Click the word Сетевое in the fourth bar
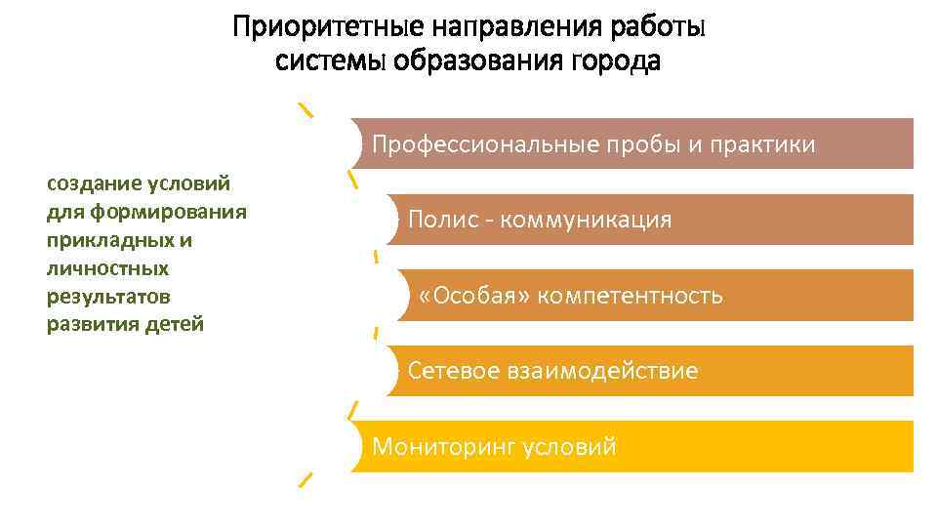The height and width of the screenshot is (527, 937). tap(454, 371)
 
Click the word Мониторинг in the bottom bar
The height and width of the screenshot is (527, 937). tap(444, 447)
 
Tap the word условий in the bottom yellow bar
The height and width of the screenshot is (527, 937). tap(570, 447)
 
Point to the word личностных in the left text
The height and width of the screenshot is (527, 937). tap(107, 267)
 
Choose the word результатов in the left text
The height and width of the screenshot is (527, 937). tap(108, 296)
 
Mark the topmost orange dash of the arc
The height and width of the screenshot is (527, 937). tap(306, 109)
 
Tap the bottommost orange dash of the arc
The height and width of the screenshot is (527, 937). tap(306, 478)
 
